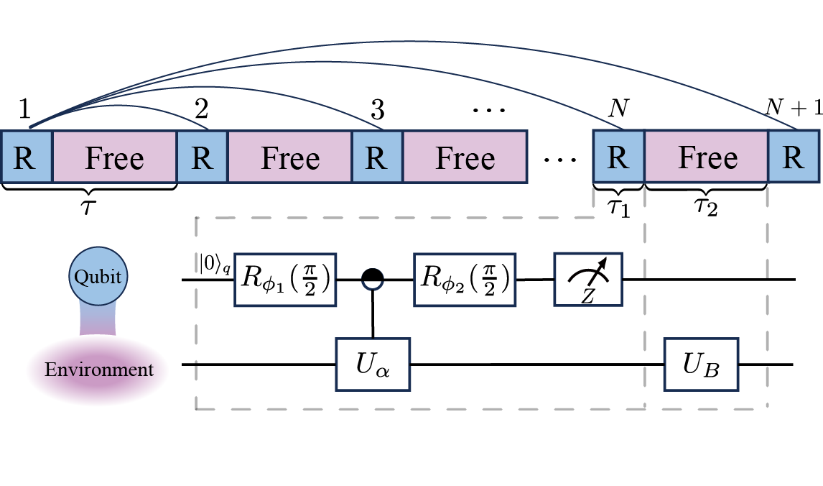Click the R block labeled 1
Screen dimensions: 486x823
pyautogui.click(x=26, y=157)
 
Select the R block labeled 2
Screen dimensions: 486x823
pyautogui.click(x=202, y=157)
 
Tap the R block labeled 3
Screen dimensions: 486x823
pyautogui.click(x=376, y=157)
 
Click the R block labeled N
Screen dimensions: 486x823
pyautogui.click(x=618, y=157)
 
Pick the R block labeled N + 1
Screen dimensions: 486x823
pyautogui.click(x=793, y=157)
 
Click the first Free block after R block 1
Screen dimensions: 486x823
pyautogui.click(x=114, y=157)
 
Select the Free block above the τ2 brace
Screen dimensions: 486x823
pyautogui.click(x=707, y=157)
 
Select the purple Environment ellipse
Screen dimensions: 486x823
pyautogui.click(x=98, y=370)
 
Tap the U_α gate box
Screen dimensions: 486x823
pyautogui.click(x=373, y=365)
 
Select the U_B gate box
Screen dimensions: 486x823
pyautogui.click(x=701, y=365)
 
